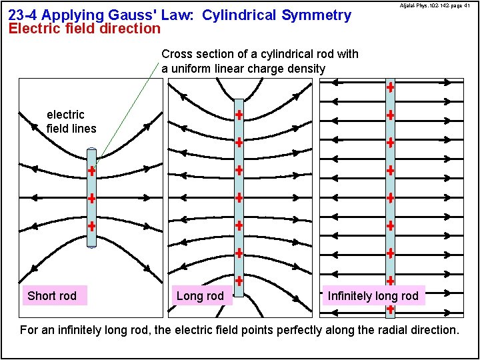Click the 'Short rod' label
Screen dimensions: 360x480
pos(52,296)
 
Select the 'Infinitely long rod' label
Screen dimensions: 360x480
pos(373,296)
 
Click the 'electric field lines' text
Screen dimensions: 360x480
pos(71,121)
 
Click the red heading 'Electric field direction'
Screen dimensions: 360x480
pos(84,29)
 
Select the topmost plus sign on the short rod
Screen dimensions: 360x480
pos(91,171)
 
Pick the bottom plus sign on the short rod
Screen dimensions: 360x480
pos(91,226)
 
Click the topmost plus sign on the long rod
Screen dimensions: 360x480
pos(238,115)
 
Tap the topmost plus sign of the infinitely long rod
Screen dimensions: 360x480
pos(390,87)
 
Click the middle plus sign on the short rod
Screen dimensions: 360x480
pos(91,198)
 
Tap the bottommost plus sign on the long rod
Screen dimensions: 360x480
pos(238,279)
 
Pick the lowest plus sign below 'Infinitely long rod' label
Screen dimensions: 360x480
pos(390,309)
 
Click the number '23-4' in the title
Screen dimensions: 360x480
pos(23,15)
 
